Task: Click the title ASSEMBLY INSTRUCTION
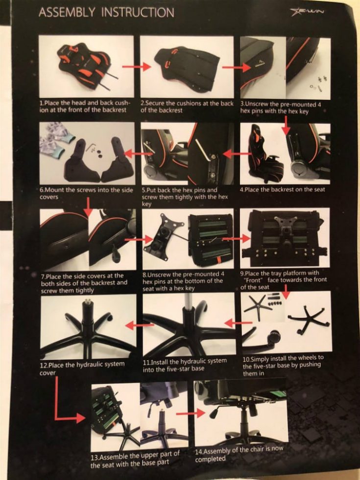click(x=106, y=13)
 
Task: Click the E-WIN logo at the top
click(x=307, y=12)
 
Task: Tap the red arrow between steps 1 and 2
click(x=137, y=67)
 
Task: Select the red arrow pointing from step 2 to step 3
click(x=236, y=68)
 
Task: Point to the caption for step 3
click(x=280, y=107)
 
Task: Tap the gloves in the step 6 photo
click(x=57, y=138)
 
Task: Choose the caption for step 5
click(x=185, y=197)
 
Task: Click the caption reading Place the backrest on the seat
click(x=282, y=190)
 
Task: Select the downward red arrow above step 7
click(x=88, y=207)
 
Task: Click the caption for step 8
click(x=183, y=281)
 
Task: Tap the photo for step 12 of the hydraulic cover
click(x=88, y=327)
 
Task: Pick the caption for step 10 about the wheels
click(x=283, y=365)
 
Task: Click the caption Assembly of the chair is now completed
click(x=239, y=454)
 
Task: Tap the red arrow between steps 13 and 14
click(x=191, y=413)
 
